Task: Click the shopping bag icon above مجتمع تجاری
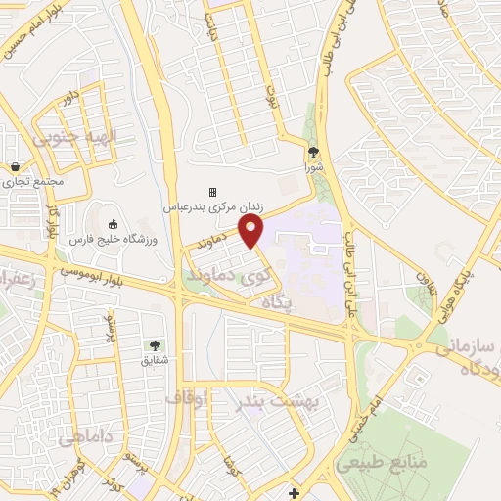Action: [x=16, y=167]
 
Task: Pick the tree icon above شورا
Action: [x=313, y=152]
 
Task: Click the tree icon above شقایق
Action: [x=155, y=344]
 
